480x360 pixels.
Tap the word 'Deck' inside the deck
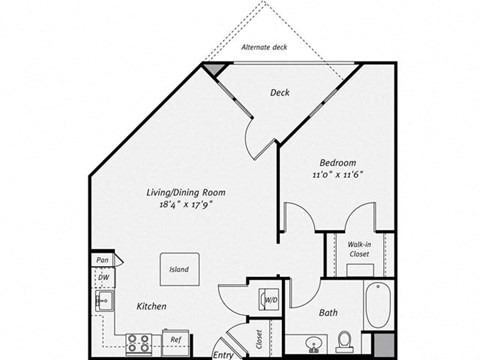280,93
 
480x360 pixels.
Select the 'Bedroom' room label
339,162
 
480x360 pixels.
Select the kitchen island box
179,270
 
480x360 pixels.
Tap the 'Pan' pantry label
102,261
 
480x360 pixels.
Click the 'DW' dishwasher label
102,278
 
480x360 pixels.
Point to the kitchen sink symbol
101,300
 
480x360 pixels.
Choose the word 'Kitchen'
146,306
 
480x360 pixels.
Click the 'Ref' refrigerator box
176,340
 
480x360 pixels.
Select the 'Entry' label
225,353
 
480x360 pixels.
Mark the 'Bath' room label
328,313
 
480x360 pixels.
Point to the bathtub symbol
376,306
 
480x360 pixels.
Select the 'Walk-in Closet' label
360,249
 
